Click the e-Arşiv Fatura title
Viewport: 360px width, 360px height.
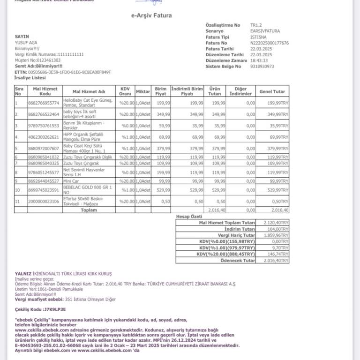[x=151, y=15]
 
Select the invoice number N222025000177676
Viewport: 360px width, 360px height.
[x=270, y=43]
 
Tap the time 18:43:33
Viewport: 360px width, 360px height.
[x=259, y=60]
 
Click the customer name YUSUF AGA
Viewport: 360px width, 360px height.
[x=26, y=43]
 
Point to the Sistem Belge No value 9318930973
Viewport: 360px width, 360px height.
[x=262, y=67]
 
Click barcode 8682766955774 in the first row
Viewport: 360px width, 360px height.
[x=44, y=103]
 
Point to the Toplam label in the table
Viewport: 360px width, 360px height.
[x=89, y=210]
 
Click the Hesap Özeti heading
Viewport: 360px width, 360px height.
[x=189, y=217]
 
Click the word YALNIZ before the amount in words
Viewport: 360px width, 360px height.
[x=23, y=273]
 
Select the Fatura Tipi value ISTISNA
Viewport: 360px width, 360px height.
[x=259, y=37]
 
